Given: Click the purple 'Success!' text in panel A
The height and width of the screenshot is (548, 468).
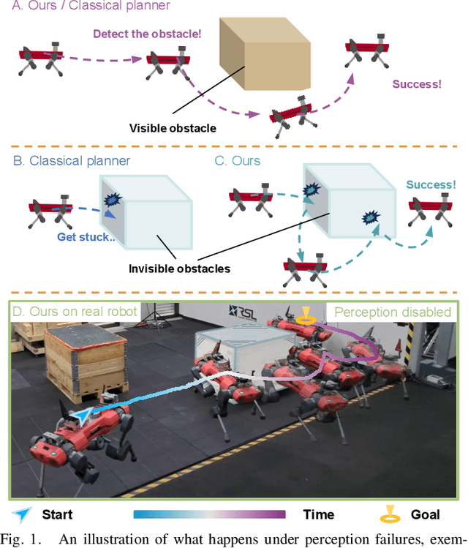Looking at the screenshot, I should point(417,84).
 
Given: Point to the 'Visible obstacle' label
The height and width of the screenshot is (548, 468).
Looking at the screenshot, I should point(173,129).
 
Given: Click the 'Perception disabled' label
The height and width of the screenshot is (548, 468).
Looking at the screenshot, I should point(393,312).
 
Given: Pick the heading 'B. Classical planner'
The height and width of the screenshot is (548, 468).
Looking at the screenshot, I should point(72,160).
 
